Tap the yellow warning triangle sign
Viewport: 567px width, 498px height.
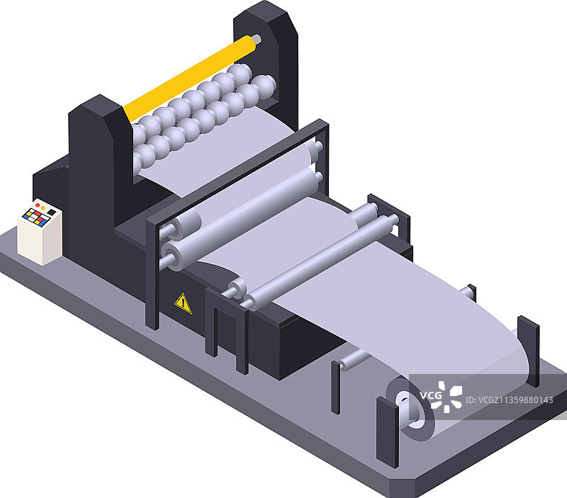(x=183, y=304)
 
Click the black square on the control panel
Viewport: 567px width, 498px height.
(x=52, y=212)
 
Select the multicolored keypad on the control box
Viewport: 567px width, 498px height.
(x=35, y=217)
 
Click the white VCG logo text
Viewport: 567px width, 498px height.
(x=431, y=395)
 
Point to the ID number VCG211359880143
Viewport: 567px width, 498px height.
(x=509, y=400)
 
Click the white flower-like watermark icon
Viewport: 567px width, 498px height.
(x=449, y=397)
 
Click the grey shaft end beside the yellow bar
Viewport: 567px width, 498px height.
(x=257, y=39)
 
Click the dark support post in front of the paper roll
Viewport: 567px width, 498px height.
(x=387, y=432)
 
